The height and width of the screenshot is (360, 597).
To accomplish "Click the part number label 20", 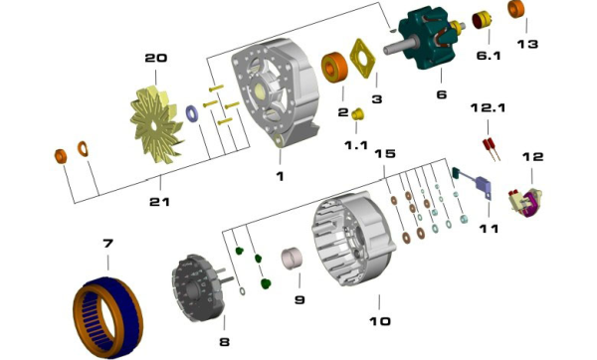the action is [156, 58].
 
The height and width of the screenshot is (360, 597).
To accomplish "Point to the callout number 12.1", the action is [488, 108].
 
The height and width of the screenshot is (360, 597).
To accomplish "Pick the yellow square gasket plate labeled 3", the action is [362, 59].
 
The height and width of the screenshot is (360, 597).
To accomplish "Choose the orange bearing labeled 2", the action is [334, 68].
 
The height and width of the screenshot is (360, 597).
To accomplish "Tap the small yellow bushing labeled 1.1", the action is [357, 113].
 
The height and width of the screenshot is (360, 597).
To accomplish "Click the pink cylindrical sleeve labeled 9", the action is [292, 259].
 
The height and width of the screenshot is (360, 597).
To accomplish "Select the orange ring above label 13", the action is [516, 9].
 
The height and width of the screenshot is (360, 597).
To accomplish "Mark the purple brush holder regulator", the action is [525, 202].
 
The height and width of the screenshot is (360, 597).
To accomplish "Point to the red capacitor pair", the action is [492, 149].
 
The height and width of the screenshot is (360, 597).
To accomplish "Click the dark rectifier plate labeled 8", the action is [198, 287].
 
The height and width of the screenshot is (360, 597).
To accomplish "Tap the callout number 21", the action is [159, 202].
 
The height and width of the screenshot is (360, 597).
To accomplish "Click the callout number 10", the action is [380, 321].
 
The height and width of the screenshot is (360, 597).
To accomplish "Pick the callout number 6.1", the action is [489, 56].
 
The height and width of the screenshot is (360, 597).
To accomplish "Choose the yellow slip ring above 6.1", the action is [482, 20].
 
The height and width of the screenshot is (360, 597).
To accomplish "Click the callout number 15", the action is [385, 154].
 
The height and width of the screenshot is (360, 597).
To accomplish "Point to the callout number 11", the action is [489, 229].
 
